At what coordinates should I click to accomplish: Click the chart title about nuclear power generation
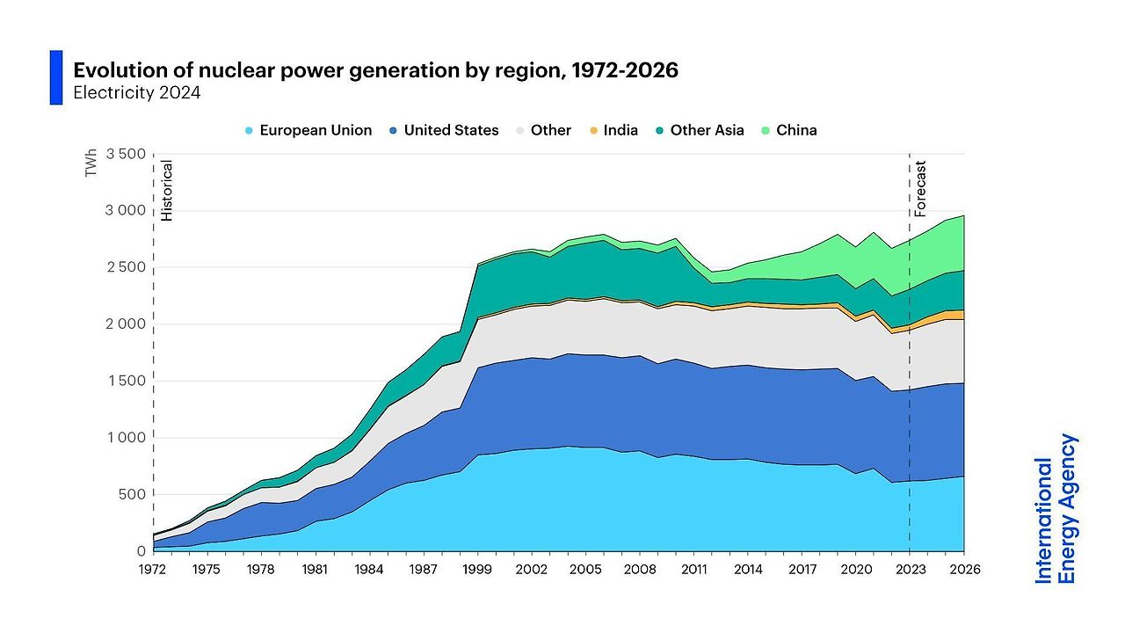pos(375,70)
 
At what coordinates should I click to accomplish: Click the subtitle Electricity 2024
pos(136,92)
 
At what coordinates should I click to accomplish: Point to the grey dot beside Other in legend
pos(521,131)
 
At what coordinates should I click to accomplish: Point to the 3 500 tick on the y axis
pos(125,155)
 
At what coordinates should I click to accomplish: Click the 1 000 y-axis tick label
pos(125,438)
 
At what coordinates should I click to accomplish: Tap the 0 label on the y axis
pos(141,551)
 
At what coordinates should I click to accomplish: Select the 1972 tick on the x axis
pos(153,569)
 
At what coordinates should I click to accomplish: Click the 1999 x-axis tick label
pos(477,569)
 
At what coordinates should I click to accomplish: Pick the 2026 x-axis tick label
pos(963,569)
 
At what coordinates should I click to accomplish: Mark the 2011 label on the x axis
pos(693,569)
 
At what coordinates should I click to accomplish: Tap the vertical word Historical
pos(167,190)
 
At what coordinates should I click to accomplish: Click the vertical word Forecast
pos(920,188)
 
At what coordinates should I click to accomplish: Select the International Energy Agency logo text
pos(1056,508)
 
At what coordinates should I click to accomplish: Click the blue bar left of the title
pos(56,77)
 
